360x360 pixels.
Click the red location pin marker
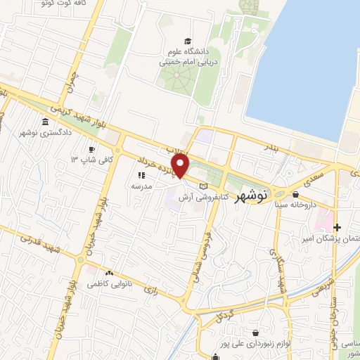(x=181, y=166)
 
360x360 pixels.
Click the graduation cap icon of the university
(x=186, y=41)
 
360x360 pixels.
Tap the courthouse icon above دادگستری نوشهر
(x=46, y=122)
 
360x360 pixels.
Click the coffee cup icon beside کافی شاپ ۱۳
(x=91, y=149)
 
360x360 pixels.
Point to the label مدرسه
(x=134, y=186)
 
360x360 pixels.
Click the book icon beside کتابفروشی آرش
(x=204, y=186)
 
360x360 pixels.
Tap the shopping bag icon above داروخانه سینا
(x=295, y=195)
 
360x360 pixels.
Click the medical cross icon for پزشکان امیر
(x=337, y=227)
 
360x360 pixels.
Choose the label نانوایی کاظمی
(x=105, y=285)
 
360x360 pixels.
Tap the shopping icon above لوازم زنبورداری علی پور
(x=255, y=331)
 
